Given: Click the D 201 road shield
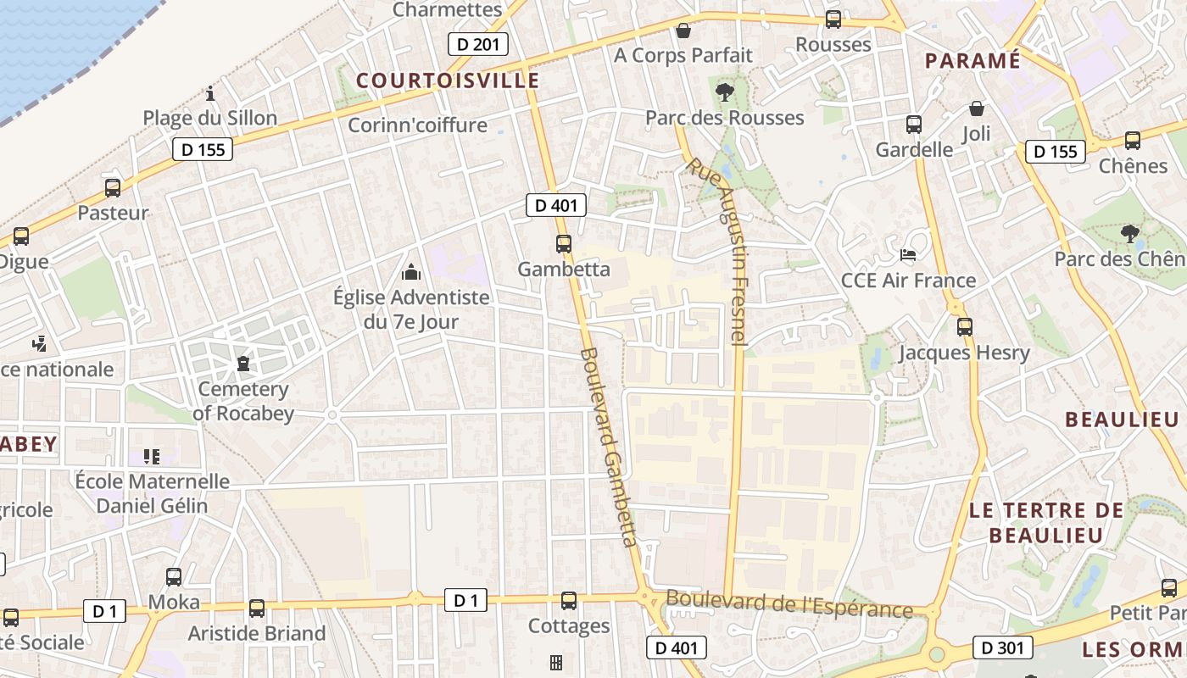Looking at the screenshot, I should pyautogui.click(x=478, y=44).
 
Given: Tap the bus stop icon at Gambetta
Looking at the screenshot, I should pyautogui.click(x=564, y=244).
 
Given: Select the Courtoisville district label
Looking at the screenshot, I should pyautogui.click(x=448, y=81).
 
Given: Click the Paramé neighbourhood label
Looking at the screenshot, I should pyautogui.click(x=972, y=61).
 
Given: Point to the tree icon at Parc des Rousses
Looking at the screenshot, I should pyautogui.click(x=724, y=92).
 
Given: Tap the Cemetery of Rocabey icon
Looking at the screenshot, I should pyautogui.click(x=244, y=364).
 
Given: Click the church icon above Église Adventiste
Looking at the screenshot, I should pyautogui.click(x=411, y=272).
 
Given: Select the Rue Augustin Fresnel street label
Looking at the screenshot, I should pyautogui.click(x=716, y=250).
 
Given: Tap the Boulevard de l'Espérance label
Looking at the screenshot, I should pyautogui.click(x=789, y=603).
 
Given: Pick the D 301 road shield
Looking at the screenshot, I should pyautogui.click(x=1002, y=647).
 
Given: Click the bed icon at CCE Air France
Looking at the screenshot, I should pyautogui.click(x=908, y=254).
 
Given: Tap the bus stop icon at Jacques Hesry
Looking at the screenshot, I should pyautogui.click(x=964, y=326).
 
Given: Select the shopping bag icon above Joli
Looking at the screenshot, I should pyautogui.click(x=977, y=108).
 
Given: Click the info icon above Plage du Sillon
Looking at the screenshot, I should pyautogui.click(x=210, y=93).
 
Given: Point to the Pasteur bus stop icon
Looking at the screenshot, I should pyautogui.click(x=113, y=188).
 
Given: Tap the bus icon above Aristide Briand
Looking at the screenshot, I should pyautogui.click(x=257, y=608).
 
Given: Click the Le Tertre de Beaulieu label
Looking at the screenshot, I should pyautogui.click(x=1045, y=522).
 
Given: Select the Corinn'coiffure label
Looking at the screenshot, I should pyautogui.click(x=417, y=125).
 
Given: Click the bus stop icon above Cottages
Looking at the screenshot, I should pyautogui.click(x=569, y=600).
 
